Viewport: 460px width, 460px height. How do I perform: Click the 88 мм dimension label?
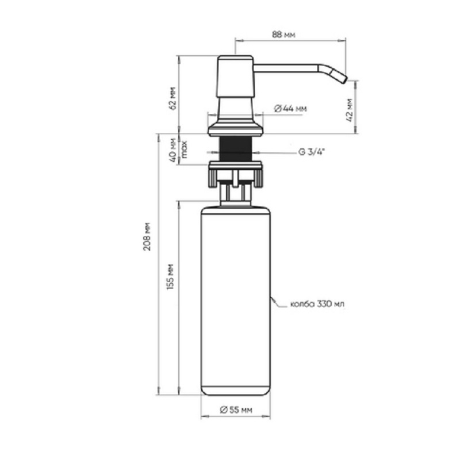click(x=283, y=34)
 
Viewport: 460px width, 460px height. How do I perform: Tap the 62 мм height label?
click(x=173, y=98)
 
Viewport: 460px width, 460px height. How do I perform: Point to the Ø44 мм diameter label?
click(x=290, y=109)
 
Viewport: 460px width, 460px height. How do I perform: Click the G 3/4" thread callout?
click(x=312, y=152)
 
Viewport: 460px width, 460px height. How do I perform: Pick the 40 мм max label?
click(x=178, y=150)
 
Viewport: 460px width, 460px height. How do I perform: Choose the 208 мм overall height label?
click(x=147, y=236)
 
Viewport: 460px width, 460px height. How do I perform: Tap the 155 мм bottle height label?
click(x=170, y=277)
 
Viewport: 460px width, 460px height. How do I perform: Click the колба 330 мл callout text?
click(x=317, y=304)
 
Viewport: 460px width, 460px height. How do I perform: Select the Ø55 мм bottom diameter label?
click(x=236, y=409)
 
